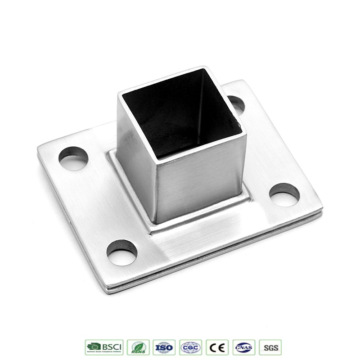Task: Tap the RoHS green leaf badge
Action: pyautogui.click(x=138, y=347)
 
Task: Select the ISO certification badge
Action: pyautogui.click(x=164, y=347)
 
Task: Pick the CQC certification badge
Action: pyautogui.click(x=191, y=347)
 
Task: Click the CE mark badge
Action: pyautogui.click(x=217, y=347)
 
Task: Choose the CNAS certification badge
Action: pyautogui.click(x=244, y=347)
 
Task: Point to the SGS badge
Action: pyautogui.click(x=270, y=347)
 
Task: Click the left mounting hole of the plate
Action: pyautogui.click(x=73, y=158)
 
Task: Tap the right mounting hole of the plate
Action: pyautogui.click(x=284, y=194)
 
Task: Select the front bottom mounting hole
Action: pyautogui.click(x=122, y=252)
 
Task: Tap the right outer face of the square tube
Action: pyautogui.click(x=200, y=180)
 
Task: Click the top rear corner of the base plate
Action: pyautogui.click(x=243, y=81)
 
